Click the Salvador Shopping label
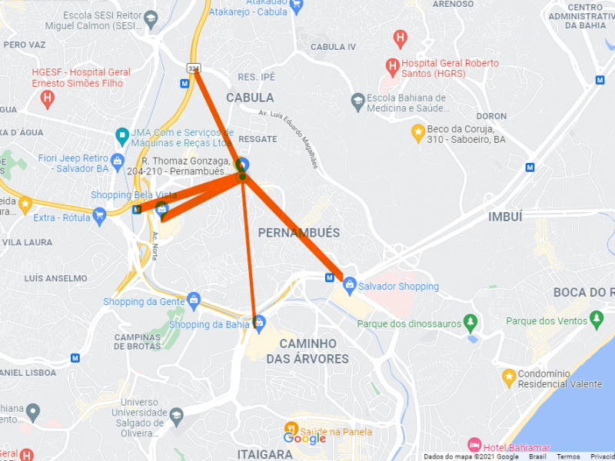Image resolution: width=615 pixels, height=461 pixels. (x=398, y=287)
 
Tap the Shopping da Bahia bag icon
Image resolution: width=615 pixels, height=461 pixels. (x=260, y=323)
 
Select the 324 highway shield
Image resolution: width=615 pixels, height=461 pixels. (x=193, y=69)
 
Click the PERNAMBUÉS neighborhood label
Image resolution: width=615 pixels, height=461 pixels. (x=299, y=233)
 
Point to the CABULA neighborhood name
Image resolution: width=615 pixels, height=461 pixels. (x=250, y=98)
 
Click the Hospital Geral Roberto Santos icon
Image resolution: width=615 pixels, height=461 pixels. (x=392, y=65)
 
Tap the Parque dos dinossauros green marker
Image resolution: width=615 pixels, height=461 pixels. (x=471, y=323)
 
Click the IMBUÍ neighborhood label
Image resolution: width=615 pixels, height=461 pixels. (x=505, y=217)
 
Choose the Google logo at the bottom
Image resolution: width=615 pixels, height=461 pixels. (x=304, y=438)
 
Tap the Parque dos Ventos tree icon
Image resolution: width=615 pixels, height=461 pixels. (x=597, y=319)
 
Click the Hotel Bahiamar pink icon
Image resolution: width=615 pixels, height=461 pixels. (x=474, y=446)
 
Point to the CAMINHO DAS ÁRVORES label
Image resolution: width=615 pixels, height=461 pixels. (x=314, y=351)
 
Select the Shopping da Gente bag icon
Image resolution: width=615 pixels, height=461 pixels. (x=194, y=299)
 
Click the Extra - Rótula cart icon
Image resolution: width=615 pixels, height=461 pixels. (x=99, y=217)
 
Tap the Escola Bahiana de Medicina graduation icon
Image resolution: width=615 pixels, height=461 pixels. (x=357, y=101)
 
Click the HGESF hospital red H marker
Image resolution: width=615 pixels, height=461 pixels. (x=48, y=98)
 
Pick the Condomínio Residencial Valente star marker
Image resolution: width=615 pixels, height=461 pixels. (x=508, y=376)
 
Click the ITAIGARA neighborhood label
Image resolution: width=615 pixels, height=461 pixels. (x=264, y=454)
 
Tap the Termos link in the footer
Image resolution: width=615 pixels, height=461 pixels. (x=568, y=456)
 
